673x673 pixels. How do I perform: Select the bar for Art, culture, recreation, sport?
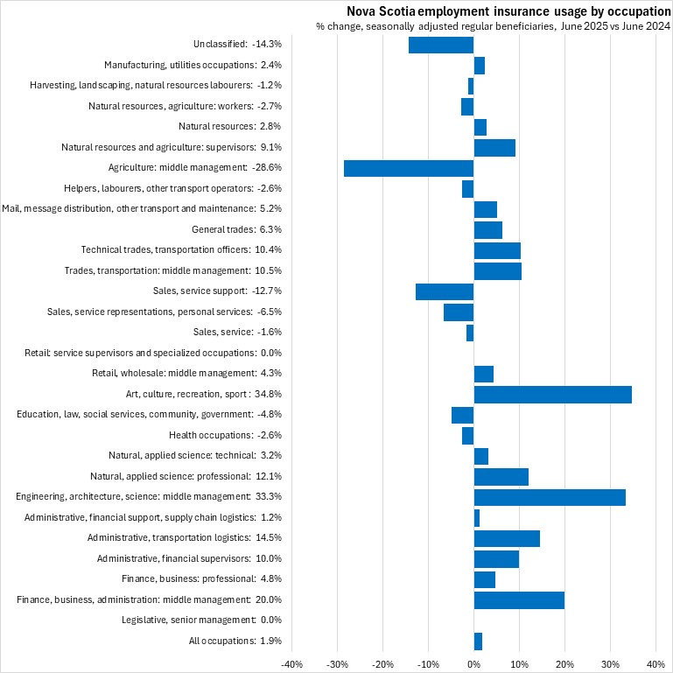click(552, 394)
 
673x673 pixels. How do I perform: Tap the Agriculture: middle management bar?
click(409, 167)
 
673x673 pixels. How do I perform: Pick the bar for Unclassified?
click(441, 44)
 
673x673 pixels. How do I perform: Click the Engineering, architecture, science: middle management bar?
click(549, 497)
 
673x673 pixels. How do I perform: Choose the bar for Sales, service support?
click(445, 291)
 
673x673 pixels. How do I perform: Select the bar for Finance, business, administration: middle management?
click(519, 599)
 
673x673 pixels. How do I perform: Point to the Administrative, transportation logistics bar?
click(507, 538)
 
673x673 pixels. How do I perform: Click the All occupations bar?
click(478, 641)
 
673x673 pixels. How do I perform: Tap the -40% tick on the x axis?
click(291, 664)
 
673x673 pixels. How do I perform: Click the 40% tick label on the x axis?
click(656, 664)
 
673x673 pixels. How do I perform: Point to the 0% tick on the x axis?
click(473, 664)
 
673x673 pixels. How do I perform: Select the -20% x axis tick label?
click(382, 664)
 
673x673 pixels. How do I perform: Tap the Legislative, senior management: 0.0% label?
click(201, 620)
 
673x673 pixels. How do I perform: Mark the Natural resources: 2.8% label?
click(229, 126)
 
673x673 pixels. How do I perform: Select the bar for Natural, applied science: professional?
click(501, 476)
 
